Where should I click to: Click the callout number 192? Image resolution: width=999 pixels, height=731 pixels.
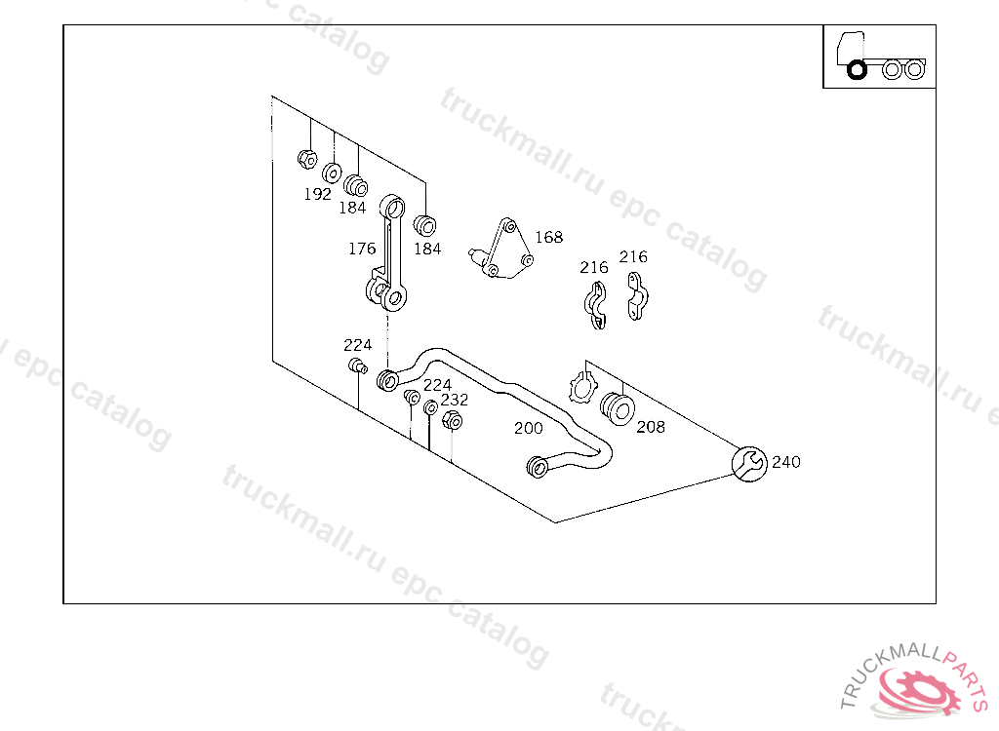pyautogui.click(x=317, y=194)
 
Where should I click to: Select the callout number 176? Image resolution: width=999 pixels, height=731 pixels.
pyautogui.click(x=362, y=249)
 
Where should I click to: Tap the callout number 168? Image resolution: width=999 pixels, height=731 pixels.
pyautogui.click(x=548, y=237)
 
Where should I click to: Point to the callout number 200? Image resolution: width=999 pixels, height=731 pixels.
pyautogui.click(x=528, y=428)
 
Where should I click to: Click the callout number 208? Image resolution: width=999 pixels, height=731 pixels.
pyautogui.click(x=651, y=427)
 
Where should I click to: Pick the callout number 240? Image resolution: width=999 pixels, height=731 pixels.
pyautogui.click(x=785, y=462)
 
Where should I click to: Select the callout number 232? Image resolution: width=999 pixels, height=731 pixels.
pyautogui.click(x=455, y=400)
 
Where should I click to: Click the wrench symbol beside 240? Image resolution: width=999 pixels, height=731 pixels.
pyautogui.click(x=749, y=464)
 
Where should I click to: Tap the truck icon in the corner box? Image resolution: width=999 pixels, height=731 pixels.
pyautogui.click(x=881, y=56)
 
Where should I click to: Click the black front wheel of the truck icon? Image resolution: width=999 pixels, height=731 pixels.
pyautogui.click(x=857, y=70)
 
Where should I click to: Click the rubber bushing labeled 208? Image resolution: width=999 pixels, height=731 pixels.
pyautogui.click(x=618, y=408)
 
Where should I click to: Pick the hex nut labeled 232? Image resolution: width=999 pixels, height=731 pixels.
pyautogui.click(x=452, y=420)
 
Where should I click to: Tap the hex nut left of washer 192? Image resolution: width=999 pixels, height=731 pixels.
pyautogui.click(x=307, y=159)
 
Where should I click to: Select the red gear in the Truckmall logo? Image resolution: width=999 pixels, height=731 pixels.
pyautogui.click(x=919, y=690)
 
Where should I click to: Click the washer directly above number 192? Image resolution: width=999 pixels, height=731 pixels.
pyautogui.click(x=332, y=173)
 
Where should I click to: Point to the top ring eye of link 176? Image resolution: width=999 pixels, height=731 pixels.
pyautogui.click(x=392, y=207)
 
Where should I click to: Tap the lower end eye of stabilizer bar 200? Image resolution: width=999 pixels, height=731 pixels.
pyautogui.click(x=538, y=467)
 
